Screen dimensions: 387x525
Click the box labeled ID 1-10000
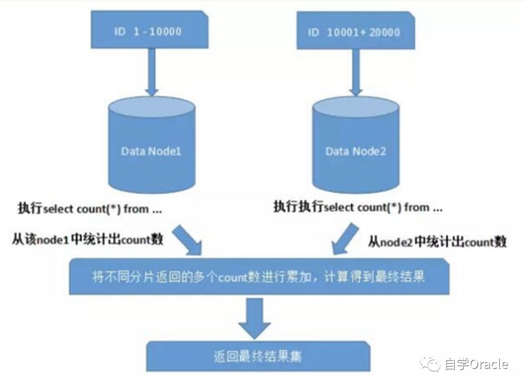tap(149, 32)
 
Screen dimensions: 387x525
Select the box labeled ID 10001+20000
tap(356, 33)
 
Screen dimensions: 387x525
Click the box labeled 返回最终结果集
tap(257, 356)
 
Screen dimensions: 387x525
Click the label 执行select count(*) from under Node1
tap(90, 210)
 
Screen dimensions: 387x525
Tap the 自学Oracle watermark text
tap(476, 364)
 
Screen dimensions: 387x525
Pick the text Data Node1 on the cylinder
tap(151, 151)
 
